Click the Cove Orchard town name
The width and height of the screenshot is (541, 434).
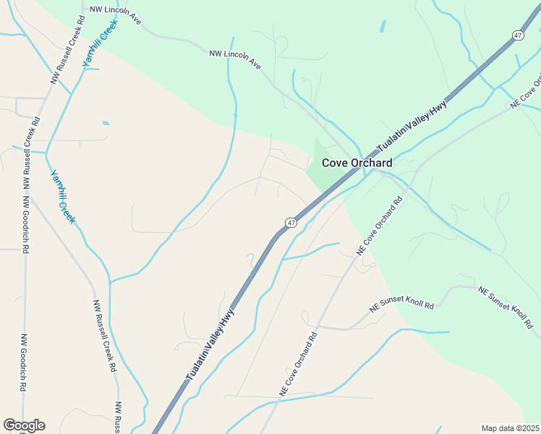(x=357, y=163)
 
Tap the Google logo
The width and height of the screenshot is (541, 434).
(x=24, y=425)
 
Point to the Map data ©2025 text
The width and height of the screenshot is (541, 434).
(x=511, y=428)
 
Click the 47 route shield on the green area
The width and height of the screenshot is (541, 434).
(x=518, y=35)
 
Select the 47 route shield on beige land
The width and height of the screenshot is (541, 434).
(x=290, y=223)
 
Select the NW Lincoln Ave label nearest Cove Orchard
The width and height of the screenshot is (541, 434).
(x=235, y=59)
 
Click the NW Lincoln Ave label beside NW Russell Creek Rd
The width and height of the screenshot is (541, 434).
(x=115, y=14)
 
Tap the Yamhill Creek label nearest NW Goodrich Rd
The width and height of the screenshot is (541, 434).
(x=61, y=196)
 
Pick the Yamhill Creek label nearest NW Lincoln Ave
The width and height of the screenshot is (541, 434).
(x=100, y=44)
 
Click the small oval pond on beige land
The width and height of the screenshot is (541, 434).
(x=106, y=123)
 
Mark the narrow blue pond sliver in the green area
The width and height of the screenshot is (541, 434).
(x=383, y=26)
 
